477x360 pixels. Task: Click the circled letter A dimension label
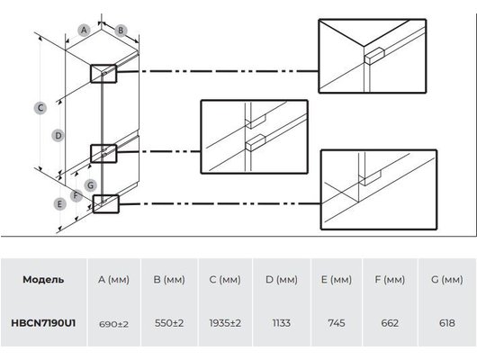pyautogui.click(x=84, y=30)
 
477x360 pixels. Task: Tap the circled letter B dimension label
pyautogui.click(x=121, y=31)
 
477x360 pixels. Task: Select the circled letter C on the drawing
pyautogui.click(x=40, y=108)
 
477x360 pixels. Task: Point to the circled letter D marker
pyautogui.click(x=58, y=135)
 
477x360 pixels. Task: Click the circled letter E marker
pyautogui.click(x=59, y=203)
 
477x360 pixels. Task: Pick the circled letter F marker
pyautogui.click(x=76, y=195)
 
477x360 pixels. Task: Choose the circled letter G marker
pyautogui.click(x=90, y=185)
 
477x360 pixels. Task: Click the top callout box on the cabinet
pyautogui.click(x=103, y=74)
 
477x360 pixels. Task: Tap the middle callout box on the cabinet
pyautogui.click(x=103, y=154)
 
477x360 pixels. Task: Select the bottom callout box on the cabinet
pyautogui.click(x=105, y=204)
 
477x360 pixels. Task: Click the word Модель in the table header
pyautogui.click(x=43, y=279)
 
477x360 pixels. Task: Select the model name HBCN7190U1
pyautogui.click(x=43, y=323)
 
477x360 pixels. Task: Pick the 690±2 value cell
pyautogui.click(x=113, y=324)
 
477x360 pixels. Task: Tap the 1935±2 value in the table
pyautogui.click(x=225, y=323)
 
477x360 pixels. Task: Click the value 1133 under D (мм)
pyautogui.click(x=282, y=323)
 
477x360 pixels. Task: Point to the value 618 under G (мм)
pyautogui.click(x=447, y=323)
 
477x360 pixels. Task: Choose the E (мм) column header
pyautogui.click(x=337, y=279)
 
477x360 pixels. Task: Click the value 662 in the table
pyautogui.click(x=390, y=323)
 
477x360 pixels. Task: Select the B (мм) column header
pyautogui.click(x=169, y=279)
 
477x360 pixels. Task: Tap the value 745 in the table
pyautogui.click(x=337, y=323)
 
